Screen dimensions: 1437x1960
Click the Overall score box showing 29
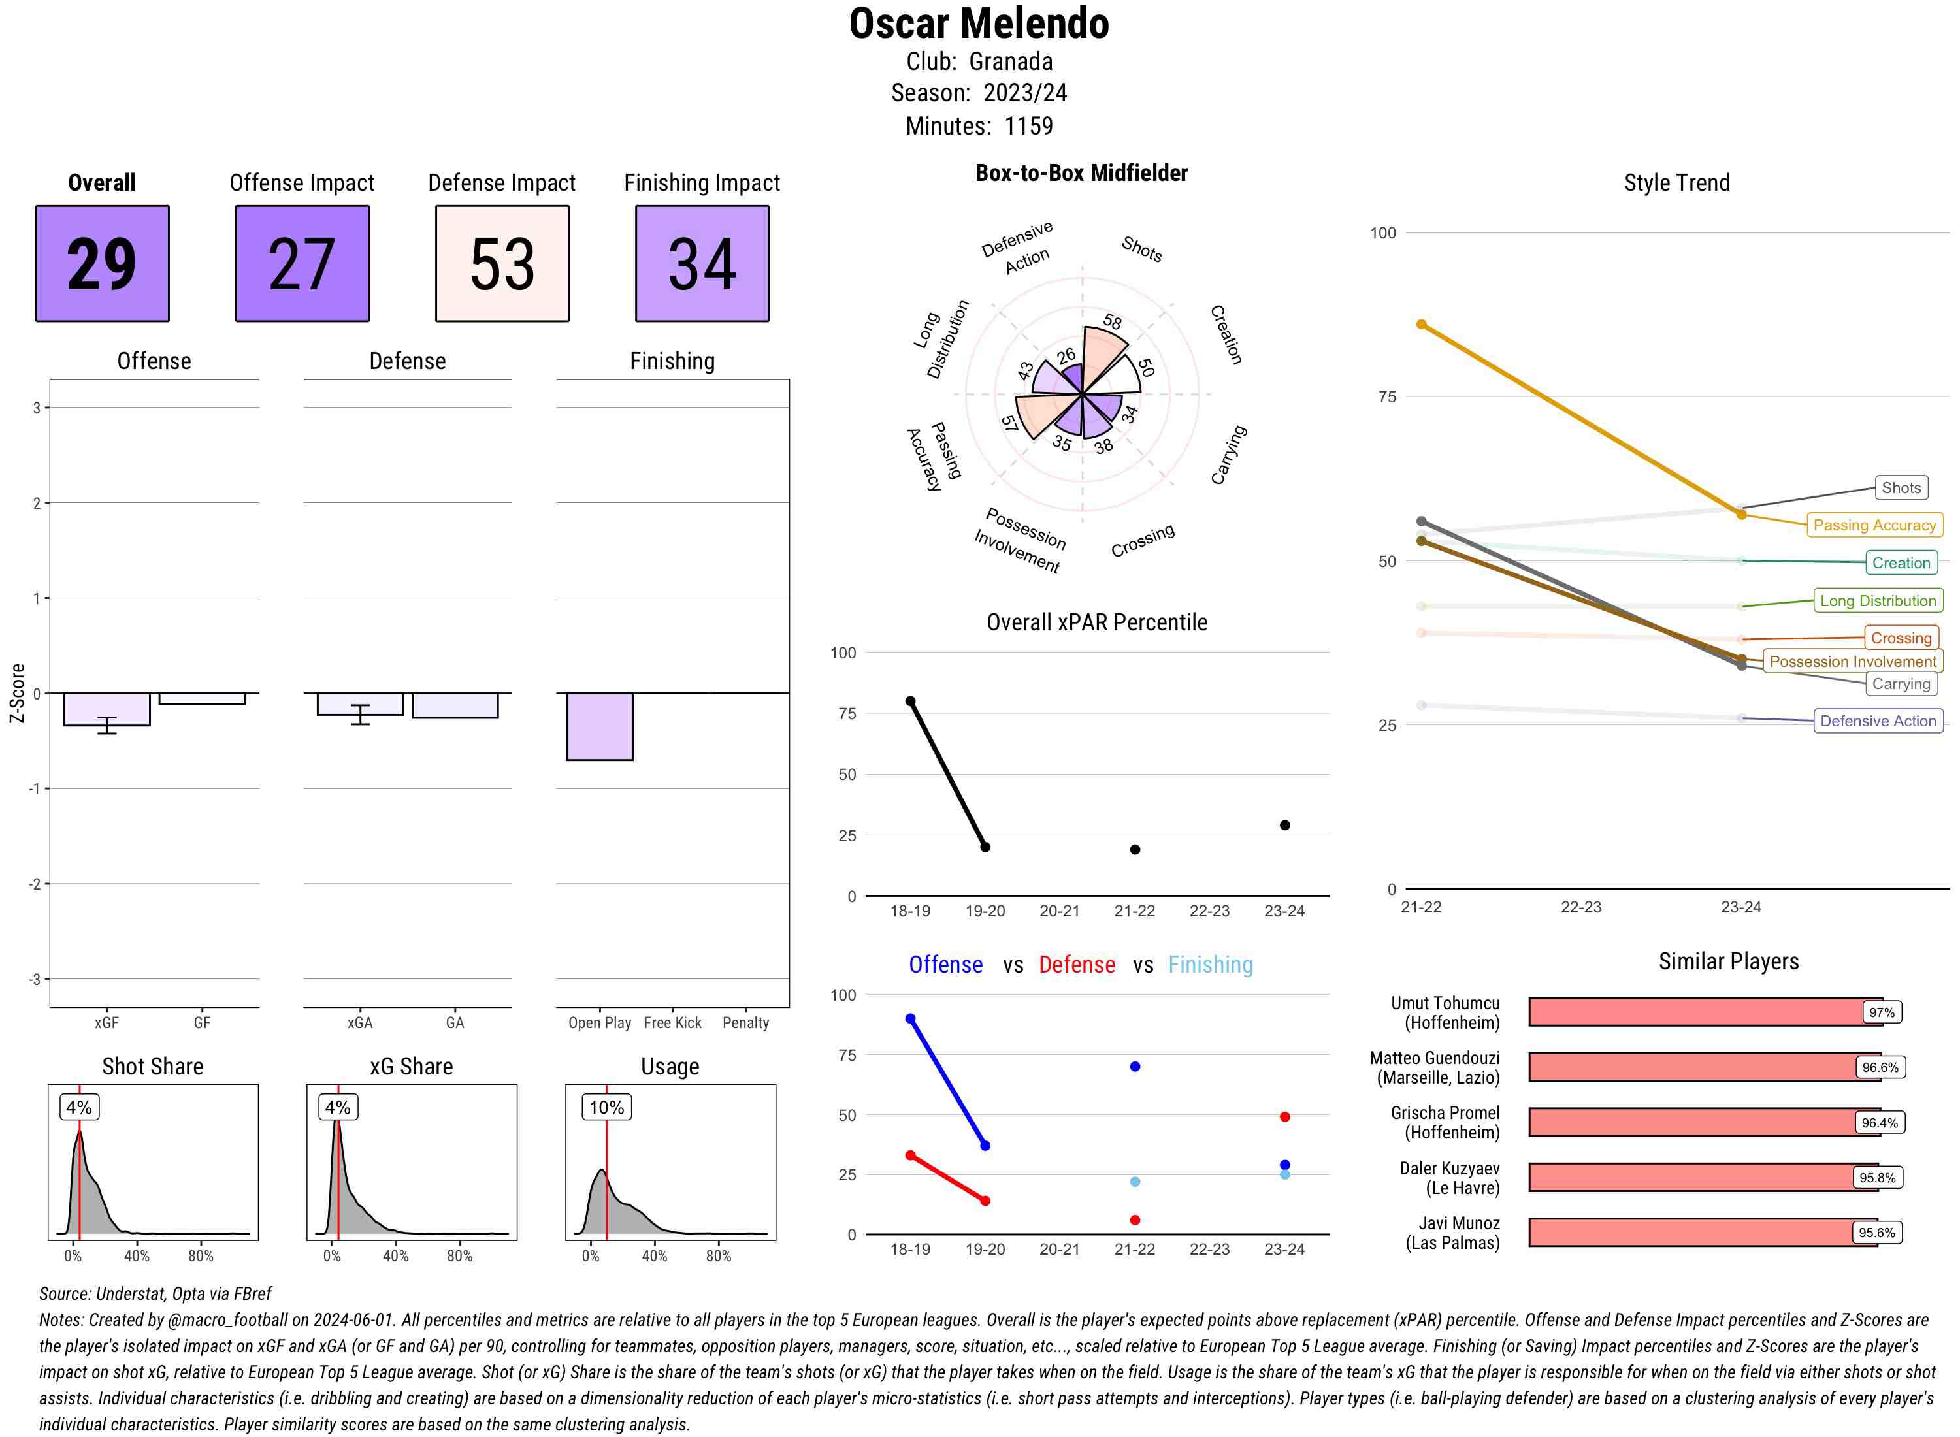click(102, 264)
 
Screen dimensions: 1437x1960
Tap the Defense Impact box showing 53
click(502, 264)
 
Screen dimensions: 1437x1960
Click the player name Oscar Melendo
click(979, 24)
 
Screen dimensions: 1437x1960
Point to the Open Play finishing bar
click(599, 726)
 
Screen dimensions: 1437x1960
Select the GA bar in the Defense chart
click(454, 705)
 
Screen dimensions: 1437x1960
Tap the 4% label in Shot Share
click(78, 1107)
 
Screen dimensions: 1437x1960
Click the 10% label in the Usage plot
click(606, 1107)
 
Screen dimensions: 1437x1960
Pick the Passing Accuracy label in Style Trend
click(1874, 525)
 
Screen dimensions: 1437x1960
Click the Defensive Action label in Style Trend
click(1878, 721)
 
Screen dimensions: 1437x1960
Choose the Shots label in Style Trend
click(1901, 488)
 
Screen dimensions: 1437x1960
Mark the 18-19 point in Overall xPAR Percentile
click(910, 701)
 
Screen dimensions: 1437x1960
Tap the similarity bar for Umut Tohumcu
click(1697, 1012)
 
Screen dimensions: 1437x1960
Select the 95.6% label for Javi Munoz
click(1876, 1233)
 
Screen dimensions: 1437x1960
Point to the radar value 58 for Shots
click(1112, 322)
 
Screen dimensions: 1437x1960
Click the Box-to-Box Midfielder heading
click(1081, 173)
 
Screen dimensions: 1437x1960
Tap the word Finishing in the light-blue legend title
click(1210, 965)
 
